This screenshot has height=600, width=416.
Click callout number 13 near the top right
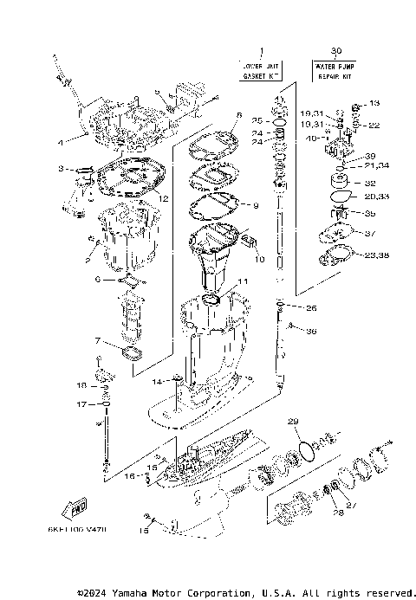374,103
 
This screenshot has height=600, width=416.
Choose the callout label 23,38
378,256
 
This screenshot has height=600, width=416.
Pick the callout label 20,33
378,198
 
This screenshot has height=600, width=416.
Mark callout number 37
370,234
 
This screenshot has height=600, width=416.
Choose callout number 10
259,259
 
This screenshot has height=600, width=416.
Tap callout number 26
312,308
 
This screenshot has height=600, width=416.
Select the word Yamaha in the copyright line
143,592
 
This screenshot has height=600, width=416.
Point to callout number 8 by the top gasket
238,114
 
